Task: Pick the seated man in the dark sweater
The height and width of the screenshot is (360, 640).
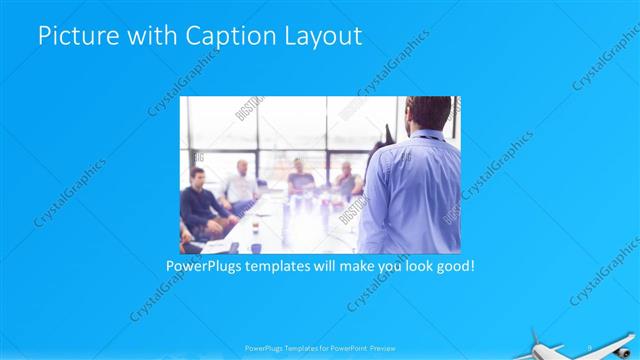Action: coord(200,200)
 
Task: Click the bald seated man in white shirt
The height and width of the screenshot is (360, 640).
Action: coord(240,184)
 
